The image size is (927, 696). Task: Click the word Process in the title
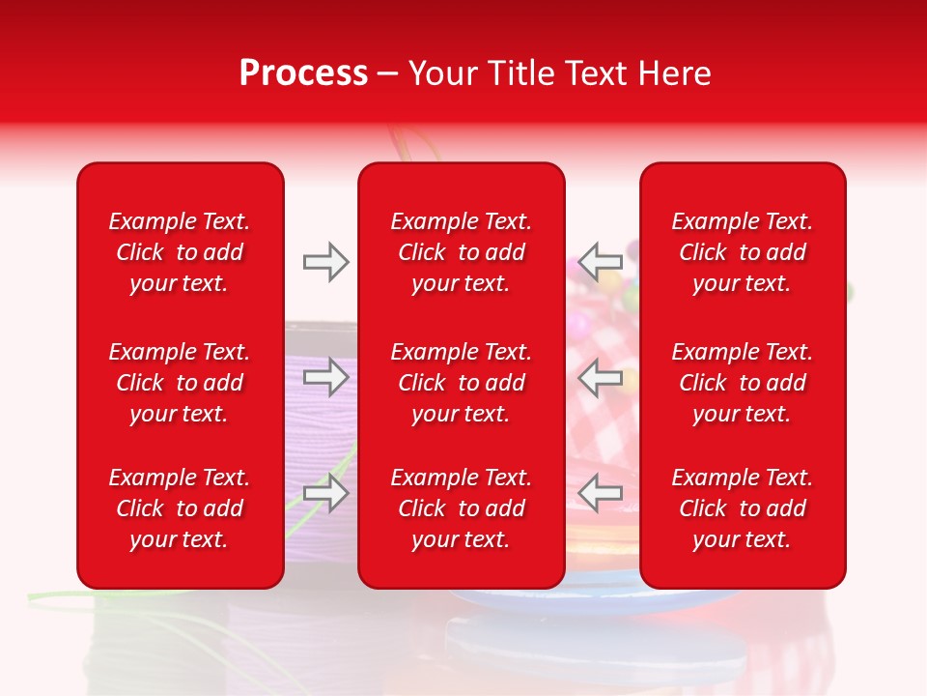coord(303,73)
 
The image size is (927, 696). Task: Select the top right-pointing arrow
coord(325,262)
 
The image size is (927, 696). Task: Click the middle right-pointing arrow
coord(325,377)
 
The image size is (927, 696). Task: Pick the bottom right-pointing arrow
coord(325,493)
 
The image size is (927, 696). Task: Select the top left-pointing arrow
coord(601,262)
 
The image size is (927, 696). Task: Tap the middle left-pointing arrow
coord(601,377)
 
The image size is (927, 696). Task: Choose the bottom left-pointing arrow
coord(601,493)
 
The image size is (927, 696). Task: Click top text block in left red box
coord(180,252)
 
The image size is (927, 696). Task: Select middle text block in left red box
coord(180,383)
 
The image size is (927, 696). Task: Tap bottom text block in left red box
coord(180,508)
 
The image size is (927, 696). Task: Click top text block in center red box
coord(461,252)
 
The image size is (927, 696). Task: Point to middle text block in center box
coord(461,383)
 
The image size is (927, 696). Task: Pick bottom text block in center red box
coord(461,508)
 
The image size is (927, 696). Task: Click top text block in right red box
coord(742,252)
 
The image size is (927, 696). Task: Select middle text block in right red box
coord(742,383)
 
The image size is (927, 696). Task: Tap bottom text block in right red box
coord(742,508)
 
